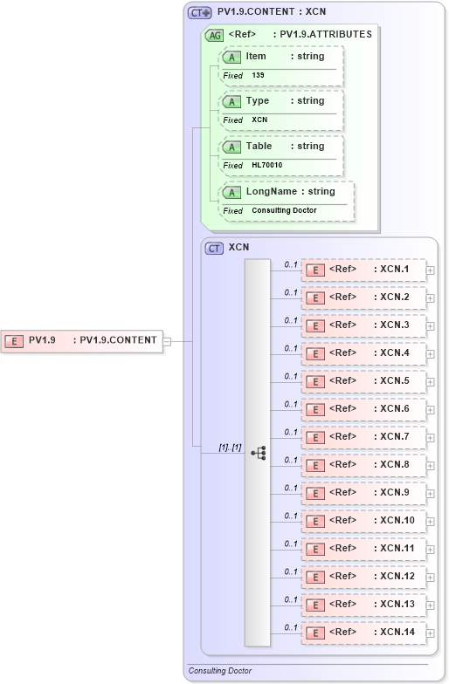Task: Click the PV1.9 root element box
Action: coord(83,341)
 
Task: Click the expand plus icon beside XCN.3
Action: coord(430,326)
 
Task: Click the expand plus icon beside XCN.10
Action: coord(430,522)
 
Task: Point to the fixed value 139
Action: coord(258,75)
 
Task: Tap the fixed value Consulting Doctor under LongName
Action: coord(284,210)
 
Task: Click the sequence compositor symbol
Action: coord(258,453)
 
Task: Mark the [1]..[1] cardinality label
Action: coord(230,447)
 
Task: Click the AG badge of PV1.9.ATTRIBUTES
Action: coord(213,36)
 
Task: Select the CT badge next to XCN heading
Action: coord(214,248)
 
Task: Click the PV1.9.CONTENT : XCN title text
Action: coord(271,12)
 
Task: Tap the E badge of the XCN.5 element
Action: coord(314,381)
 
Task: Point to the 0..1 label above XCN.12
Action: coord(292,571)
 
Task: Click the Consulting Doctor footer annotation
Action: coord(220,671)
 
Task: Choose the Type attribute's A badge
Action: coord(231,101)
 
